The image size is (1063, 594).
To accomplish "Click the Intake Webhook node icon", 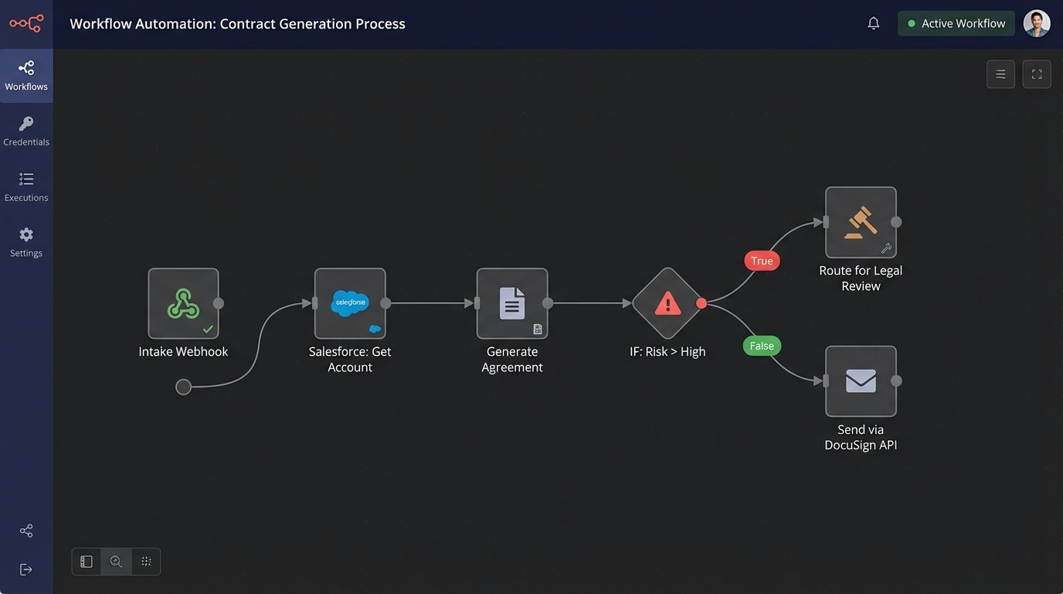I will coord(183,303).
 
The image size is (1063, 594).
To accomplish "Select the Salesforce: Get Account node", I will coord(350,303).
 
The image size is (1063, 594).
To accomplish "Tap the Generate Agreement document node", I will coord(511,303).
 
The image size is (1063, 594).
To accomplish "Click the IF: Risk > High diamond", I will coord(667,303).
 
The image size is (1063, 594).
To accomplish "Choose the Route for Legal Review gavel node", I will coord(861,222).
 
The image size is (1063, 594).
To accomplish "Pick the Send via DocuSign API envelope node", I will coord(861,381).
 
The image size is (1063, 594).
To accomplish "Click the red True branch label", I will coord(762,261).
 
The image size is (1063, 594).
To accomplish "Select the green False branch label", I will coord(762,346).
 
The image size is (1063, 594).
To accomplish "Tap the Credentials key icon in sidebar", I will coord(26,125).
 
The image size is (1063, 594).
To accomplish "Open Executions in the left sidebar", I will coord(26,186).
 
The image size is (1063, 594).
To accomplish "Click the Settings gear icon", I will coord(26,235).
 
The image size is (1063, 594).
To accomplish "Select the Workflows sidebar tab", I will coord(26,76).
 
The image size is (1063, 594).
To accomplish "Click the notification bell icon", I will coord(874,23).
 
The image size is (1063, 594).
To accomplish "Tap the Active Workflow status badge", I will coord(956,23).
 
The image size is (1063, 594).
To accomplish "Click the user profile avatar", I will coord(1037,23).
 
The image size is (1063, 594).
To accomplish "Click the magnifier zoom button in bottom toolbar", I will coord(116,562).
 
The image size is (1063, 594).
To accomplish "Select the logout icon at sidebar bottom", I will coord(26,569).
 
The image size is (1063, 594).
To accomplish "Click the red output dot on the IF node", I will coord(701,303).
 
